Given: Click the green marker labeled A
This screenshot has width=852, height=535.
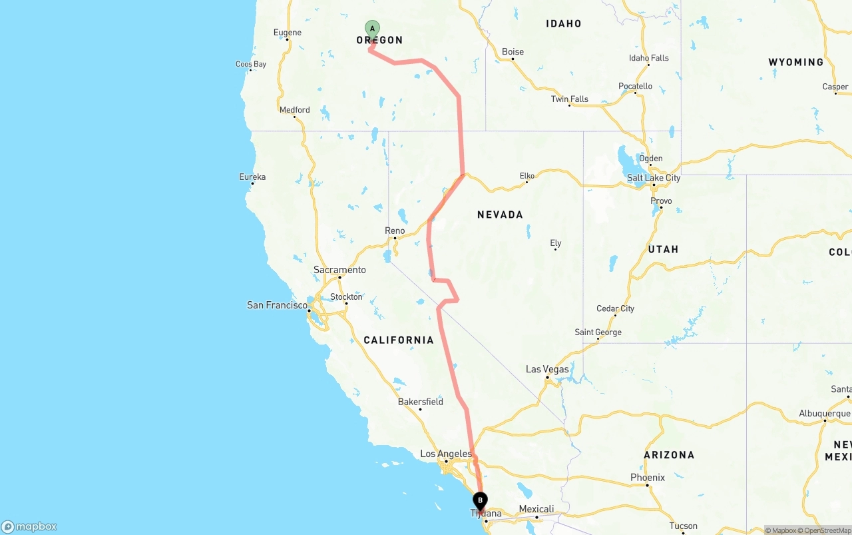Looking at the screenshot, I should click(x=372, y=29).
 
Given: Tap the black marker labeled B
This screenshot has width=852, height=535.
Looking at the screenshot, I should click(x=480, y=500).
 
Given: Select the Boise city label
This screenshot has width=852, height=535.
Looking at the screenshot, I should click(x=513, y=52).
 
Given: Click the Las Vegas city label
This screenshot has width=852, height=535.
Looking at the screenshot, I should click(x=547, y=369).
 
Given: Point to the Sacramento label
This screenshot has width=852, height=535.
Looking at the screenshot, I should click(x=339, y=270).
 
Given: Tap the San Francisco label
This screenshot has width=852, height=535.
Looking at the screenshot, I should click(x=277, y=305).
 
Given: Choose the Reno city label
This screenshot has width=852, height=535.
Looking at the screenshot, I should click(x=395, y=231).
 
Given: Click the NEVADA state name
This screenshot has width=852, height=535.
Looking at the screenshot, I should click(x=500, y=215).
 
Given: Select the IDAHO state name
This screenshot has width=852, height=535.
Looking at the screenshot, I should click(x=563, y=24).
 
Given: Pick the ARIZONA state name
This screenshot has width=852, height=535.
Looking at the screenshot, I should click(x=669, y=455).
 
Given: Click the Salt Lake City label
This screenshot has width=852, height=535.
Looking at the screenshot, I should click(x=654, y=178).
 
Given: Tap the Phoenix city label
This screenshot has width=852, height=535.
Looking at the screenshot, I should click(x=648, y=478).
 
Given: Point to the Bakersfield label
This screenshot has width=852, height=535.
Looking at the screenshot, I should click(x=420, y=402).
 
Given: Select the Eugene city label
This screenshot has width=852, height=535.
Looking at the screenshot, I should click(x=288, y=33).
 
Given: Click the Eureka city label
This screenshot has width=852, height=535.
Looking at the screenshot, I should click(x=252, y=177).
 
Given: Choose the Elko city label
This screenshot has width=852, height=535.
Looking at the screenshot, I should click(x=527, y=176).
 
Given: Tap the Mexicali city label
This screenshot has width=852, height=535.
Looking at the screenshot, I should click(x=536, y=509).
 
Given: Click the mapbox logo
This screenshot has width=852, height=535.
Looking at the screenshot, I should click(x=29, y=526).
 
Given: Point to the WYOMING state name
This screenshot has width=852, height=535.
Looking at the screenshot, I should click(x=795, y=62).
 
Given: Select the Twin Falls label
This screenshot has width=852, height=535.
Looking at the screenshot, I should click(x=569, y=99).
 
